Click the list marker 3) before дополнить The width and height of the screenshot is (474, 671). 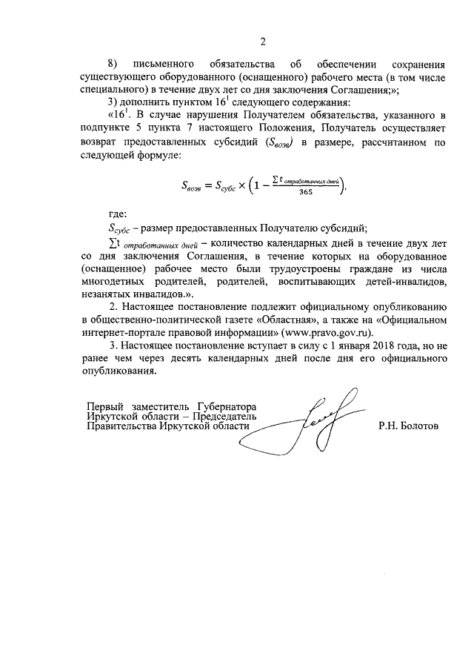tap(114, 102)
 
